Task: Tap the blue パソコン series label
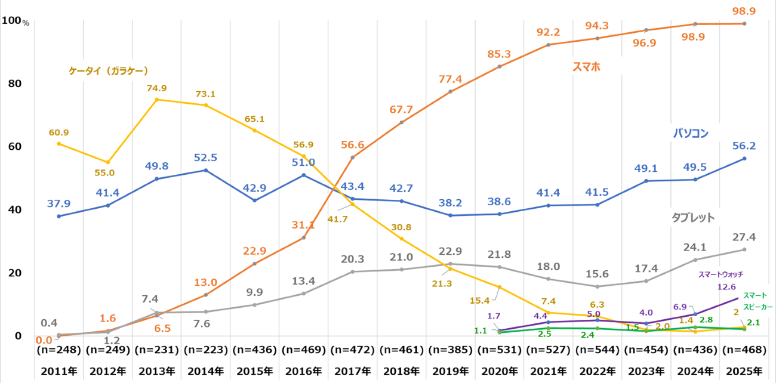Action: click(x=691, y=134)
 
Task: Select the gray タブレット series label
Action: click(x=692, y=217)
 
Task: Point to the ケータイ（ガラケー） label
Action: click(x=107, y=70)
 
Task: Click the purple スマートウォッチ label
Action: click(x=720, y=274)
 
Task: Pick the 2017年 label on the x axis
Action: click(x=353, y=372)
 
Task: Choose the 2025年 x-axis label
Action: click(x=744, y=372)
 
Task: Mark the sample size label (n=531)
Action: click(x=499, y=350)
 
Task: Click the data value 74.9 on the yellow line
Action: click(x=156, y=88)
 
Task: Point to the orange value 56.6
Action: click(x=353, y=144)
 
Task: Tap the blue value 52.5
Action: click(x=205, y=157)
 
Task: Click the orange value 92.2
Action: click(x=548, y=32)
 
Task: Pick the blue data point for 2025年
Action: click(x=744, y=158)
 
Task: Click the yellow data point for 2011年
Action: click(x=58, y=143)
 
